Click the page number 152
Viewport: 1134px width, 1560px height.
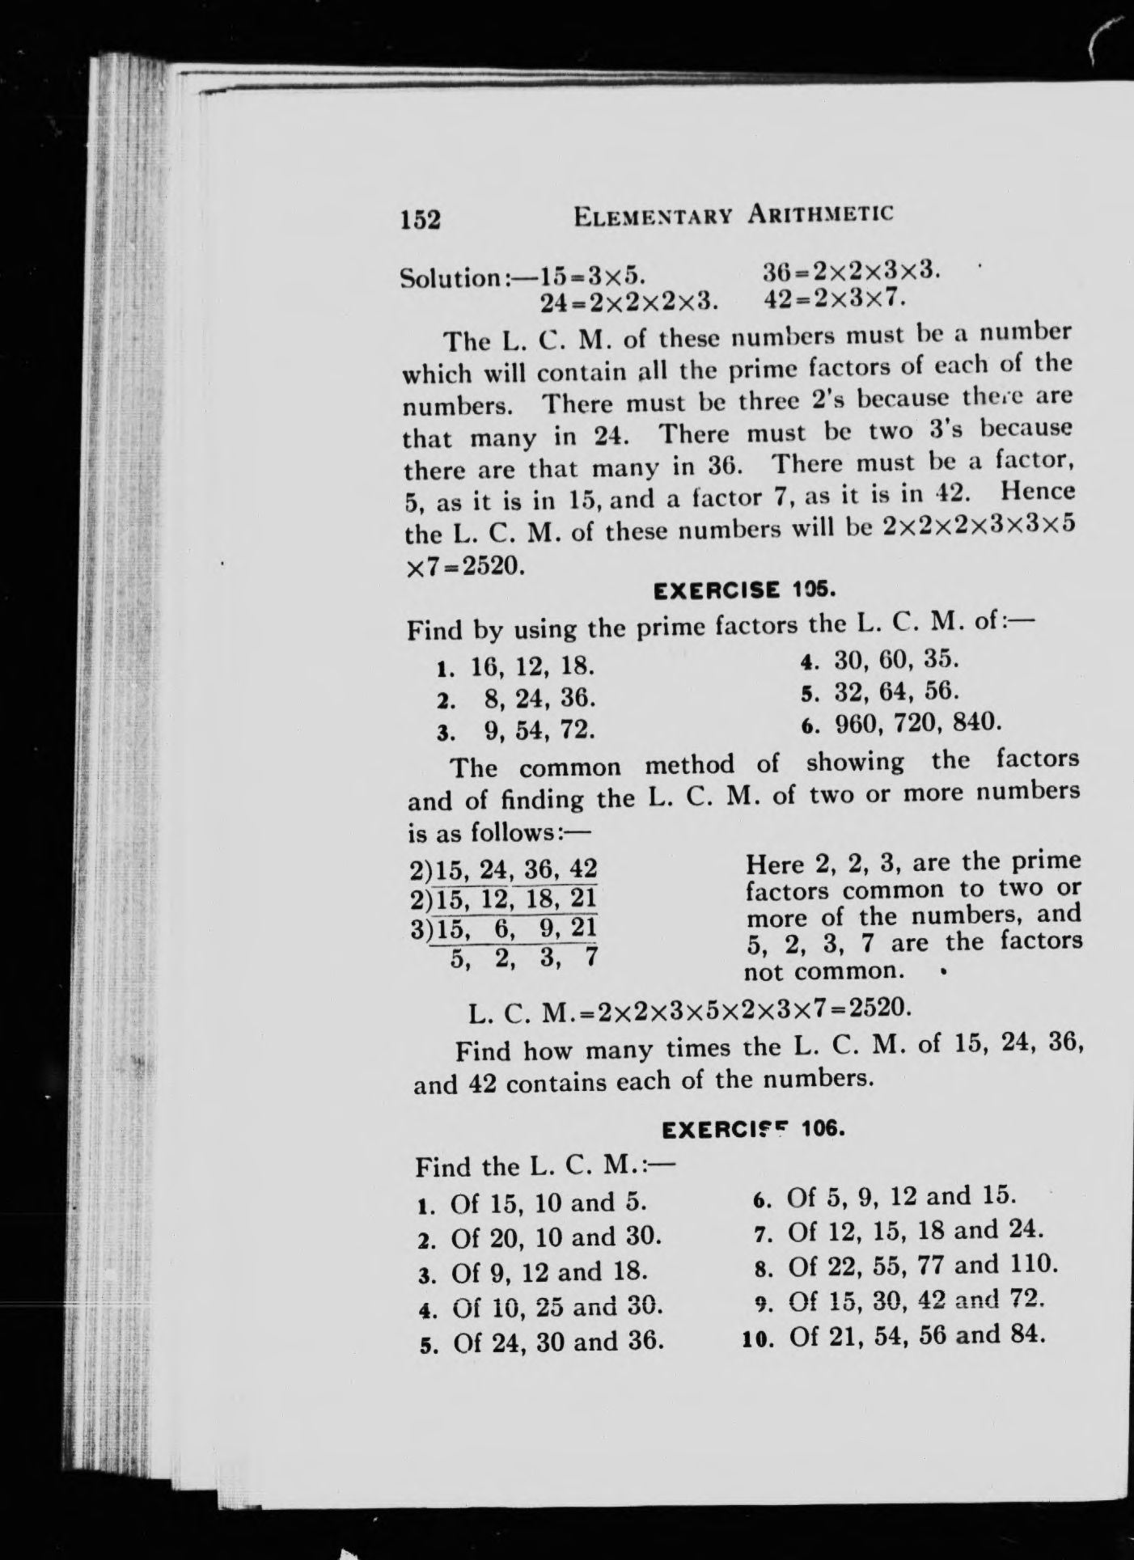421,218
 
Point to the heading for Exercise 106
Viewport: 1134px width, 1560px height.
753,1128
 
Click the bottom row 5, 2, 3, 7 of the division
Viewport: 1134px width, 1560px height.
523,959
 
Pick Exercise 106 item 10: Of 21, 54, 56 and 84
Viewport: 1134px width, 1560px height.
894,1334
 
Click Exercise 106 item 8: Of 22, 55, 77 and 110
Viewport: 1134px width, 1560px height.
905,1264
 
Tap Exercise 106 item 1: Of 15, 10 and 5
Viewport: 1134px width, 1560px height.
534,1203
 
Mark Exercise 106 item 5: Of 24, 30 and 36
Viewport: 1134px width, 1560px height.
543,1343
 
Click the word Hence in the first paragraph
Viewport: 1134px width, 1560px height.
1038,492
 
